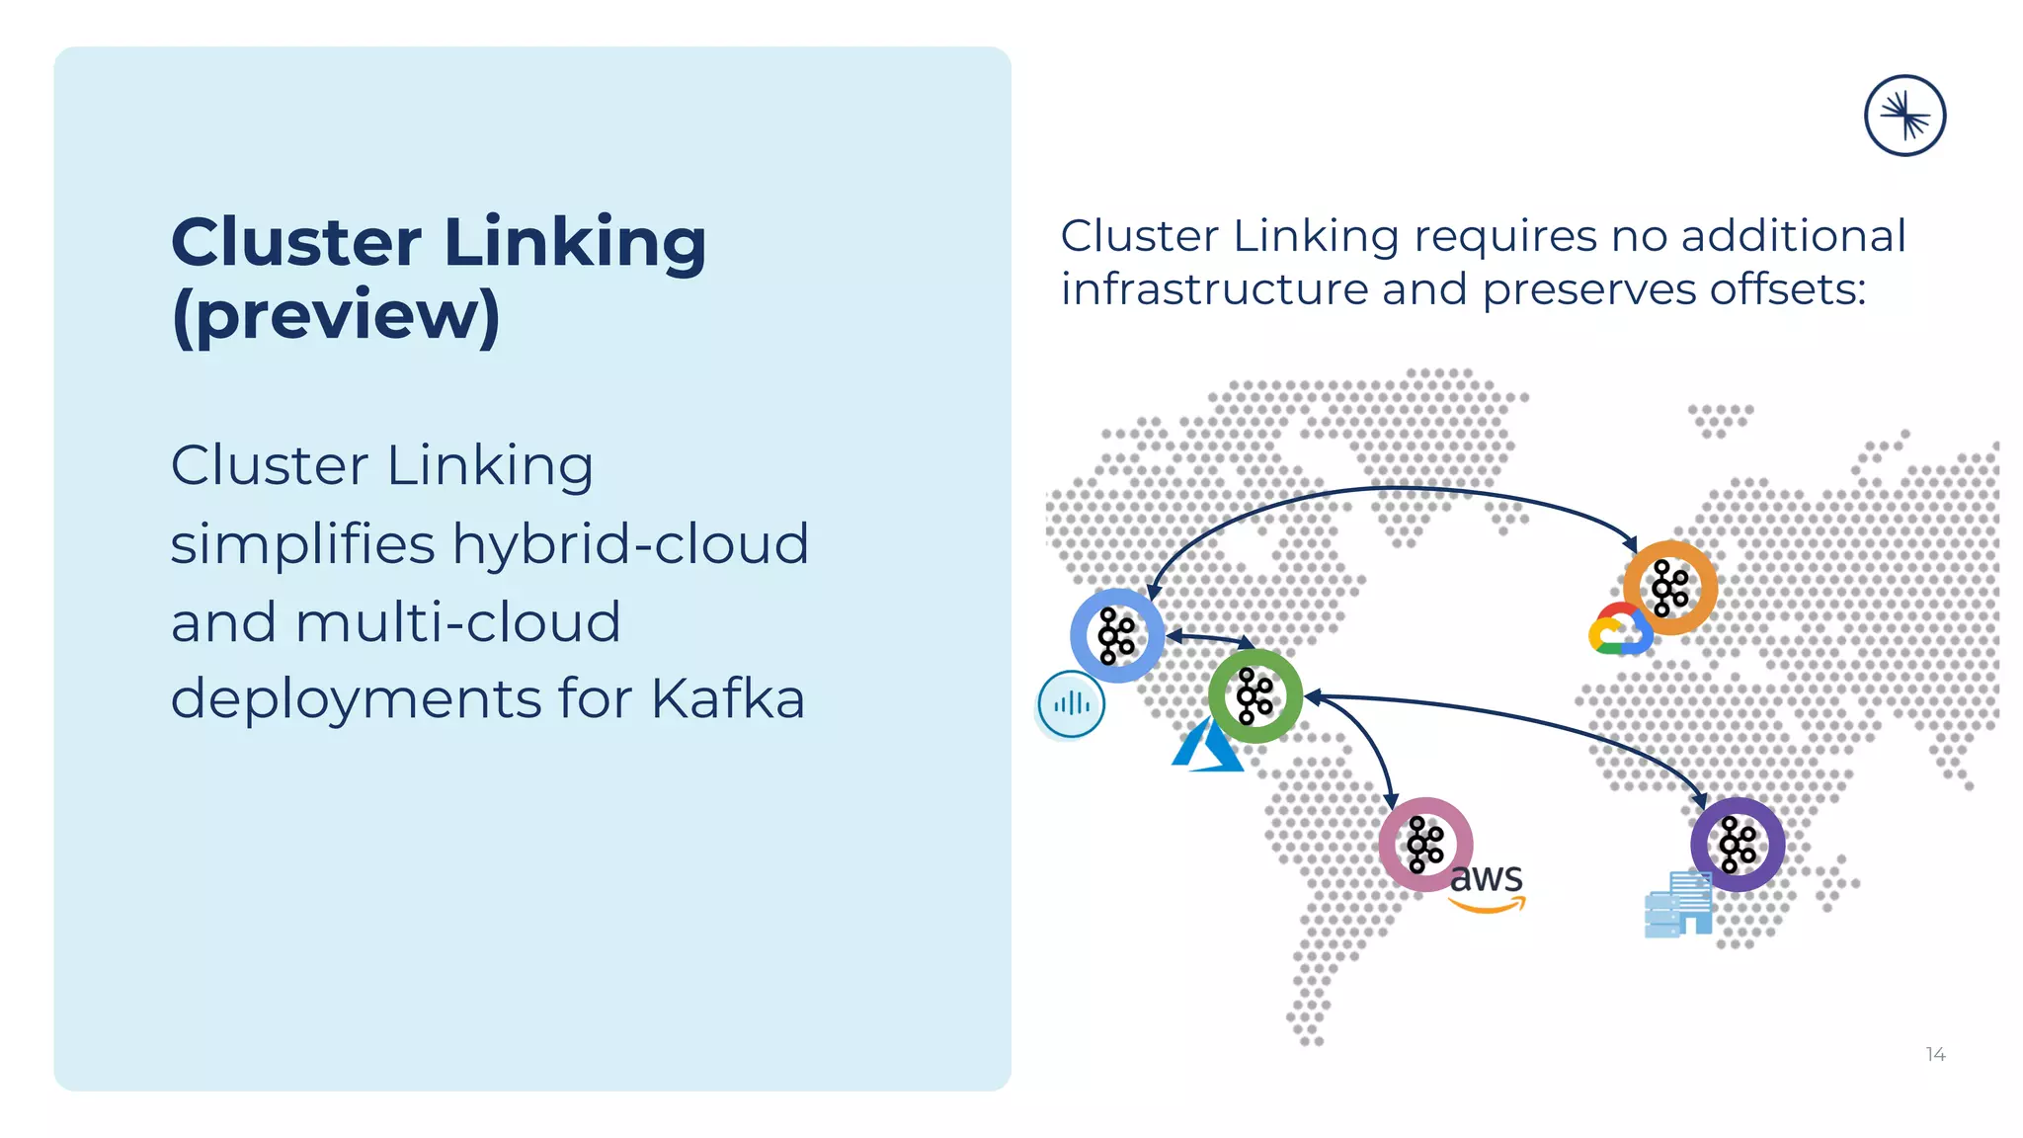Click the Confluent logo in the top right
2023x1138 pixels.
click(1904, 116)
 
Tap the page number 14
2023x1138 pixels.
click(1935, 1054)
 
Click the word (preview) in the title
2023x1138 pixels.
click(336, 316)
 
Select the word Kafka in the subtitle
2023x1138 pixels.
click(728, 699)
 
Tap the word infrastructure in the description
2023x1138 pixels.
click(1214, 289)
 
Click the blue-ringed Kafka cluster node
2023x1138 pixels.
click(1117, 635)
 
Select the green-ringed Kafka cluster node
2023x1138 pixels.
click(1254, 695)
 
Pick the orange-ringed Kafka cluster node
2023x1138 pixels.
click(1669, 588)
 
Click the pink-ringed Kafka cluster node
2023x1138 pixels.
click(1425, 844)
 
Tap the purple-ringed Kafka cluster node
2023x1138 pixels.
click(1737, 844)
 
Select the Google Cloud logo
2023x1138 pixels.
click(1619, 630)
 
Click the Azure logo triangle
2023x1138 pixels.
click(1206, 749)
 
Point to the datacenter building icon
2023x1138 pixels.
click(1677, 905)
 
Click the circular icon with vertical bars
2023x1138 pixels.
click(1071, 704)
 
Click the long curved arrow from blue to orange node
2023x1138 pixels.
click(1393, 488)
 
